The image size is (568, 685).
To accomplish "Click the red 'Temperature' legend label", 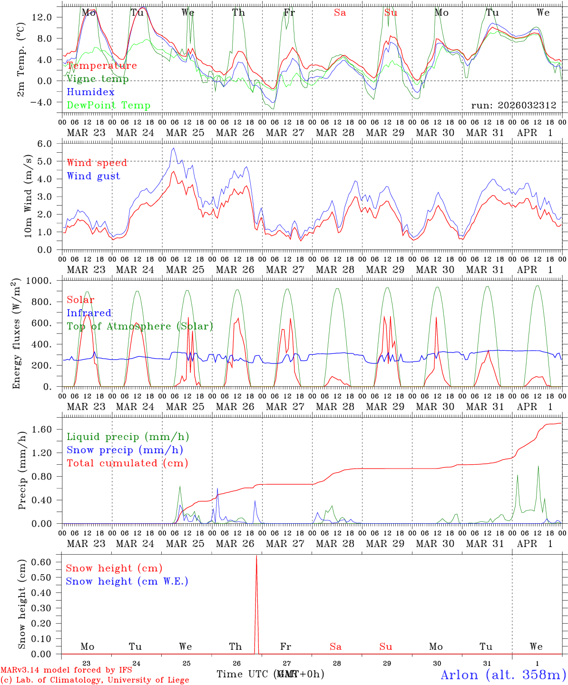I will click(102, 66).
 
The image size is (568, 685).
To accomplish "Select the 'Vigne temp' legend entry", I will click(98, 79).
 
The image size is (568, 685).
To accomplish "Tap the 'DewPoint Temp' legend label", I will click(108, 106).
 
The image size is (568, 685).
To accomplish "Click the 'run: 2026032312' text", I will click(513, 106).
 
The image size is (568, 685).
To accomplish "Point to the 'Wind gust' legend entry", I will click(93, 176).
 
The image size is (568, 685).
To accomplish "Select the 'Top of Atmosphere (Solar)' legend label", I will click(139, 326).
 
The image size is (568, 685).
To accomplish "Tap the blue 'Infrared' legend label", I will click(89, 313).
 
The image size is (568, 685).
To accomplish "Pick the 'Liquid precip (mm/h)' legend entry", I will click(128, 437).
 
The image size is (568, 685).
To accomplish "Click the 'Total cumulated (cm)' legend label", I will click(127, 463).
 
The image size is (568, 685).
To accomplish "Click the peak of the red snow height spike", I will click(256, 556).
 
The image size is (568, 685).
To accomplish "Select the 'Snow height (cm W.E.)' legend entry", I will click(127, 581).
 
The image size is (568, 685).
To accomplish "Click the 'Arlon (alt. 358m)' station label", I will click(503, 675).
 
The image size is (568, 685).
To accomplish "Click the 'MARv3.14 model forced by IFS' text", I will click(66, 670).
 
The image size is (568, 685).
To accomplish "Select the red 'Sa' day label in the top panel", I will click(340, 13).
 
